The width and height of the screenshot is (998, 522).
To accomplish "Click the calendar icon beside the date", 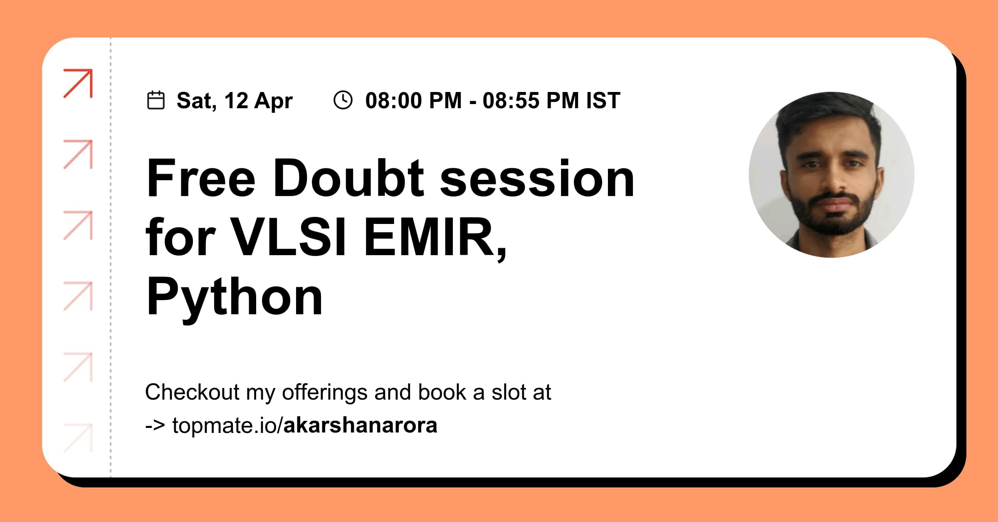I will [x=156, y=100].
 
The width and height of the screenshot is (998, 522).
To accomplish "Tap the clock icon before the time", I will [x=343, y=100].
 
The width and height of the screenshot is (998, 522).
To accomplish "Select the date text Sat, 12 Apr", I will [x=235, y=101].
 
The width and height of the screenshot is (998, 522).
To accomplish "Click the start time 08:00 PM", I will [x=413, y=101].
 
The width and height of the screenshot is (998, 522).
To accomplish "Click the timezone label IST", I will [x=603, y=101].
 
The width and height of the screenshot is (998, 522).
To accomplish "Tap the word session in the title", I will [x=537, y=179].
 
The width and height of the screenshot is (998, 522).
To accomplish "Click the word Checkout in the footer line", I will [x=192, y=392].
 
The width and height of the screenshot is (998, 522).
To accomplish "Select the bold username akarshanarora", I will [x=360, y=425].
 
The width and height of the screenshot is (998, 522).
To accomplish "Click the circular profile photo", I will [x=832, y=175].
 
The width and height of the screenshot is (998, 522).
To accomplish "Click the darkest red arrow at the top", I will [x=78, y=83].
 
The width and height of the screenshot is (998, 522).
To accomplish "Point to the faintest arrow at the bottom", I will [x=78, y=438].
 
